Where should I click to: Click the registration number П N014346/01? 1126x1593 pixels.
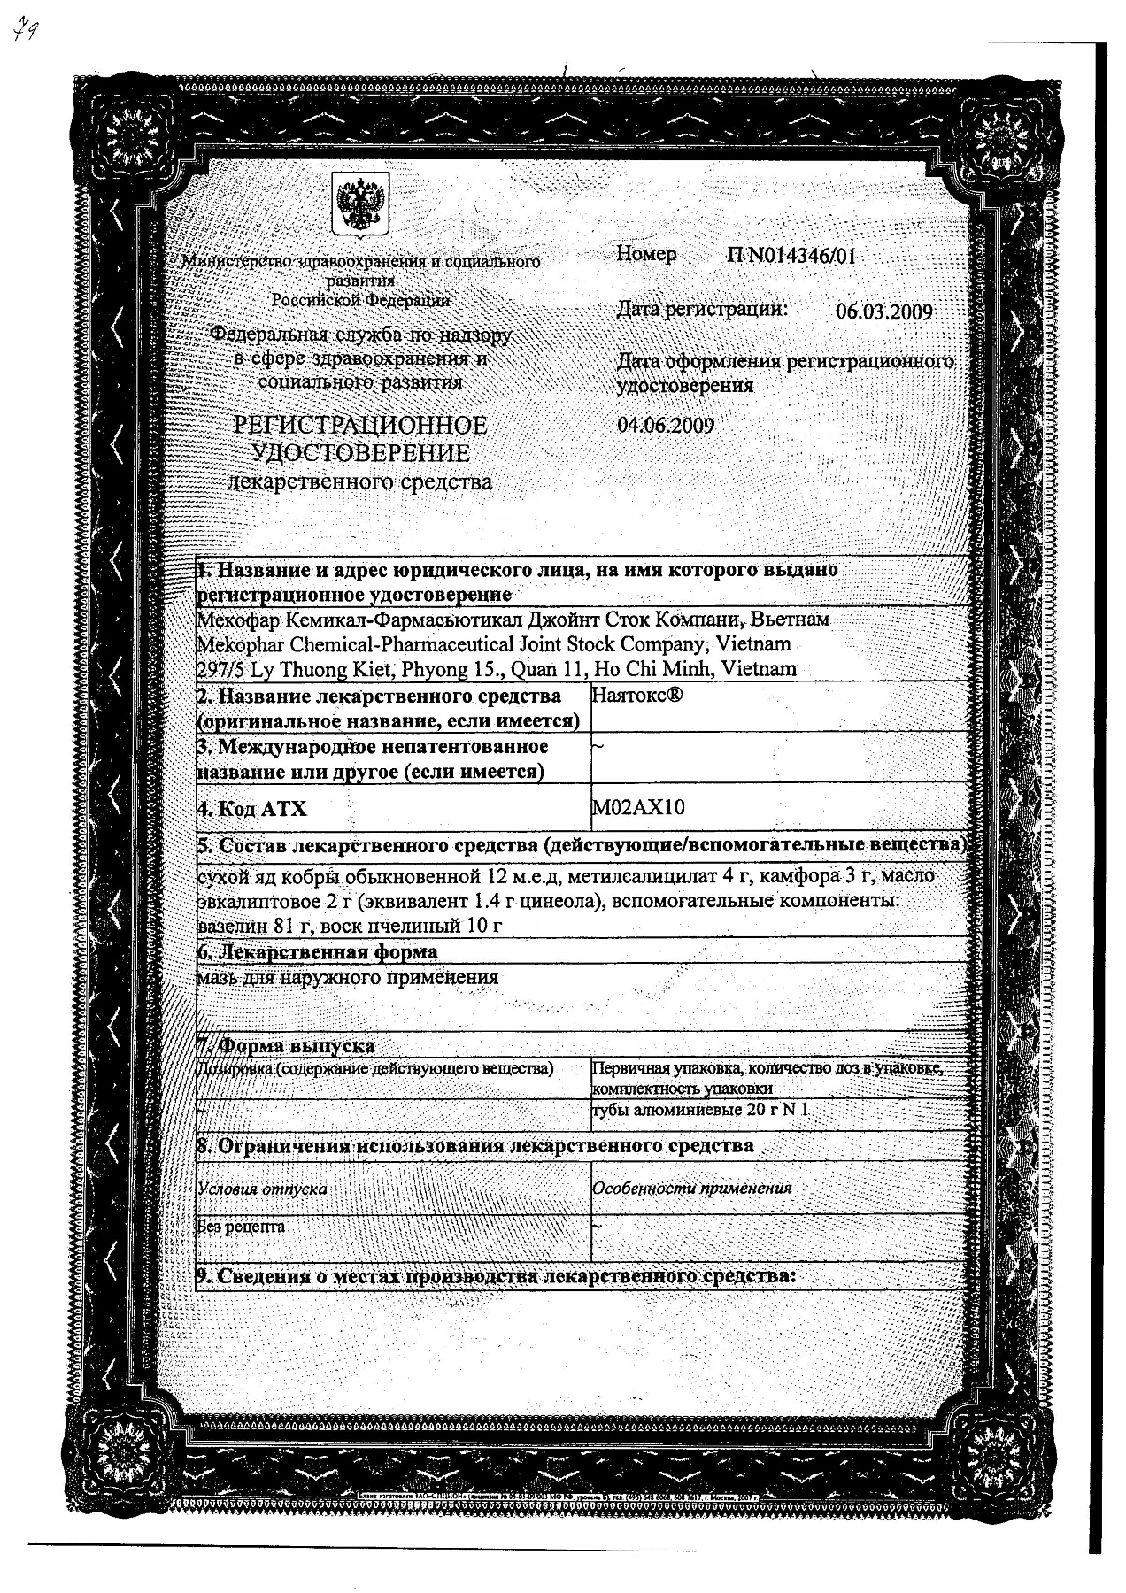pos(791,257)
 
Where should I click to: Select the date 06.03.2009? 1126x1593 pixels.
pos(883,312)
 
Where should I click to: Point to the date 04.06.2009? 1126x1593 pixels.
pos(666,425)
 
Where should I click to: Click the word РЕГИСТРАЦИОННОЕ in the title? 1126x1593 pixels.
pos(359,426)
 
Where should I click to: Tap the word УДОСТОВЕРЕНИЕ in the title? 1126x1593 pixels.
pos(361,454)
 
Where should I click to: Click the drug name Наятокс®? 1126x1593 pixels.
pos(636,696)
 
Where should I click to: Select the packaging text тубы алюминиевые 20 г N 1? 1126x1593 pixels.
pos(701,1111)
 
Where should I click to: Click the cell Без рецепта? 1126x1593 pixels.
pos(242,1227)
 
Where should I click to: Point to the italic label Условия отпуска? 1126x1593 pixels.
pos(262,1189)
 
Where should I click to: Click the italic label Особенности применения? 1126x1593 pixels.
pos(692,1189)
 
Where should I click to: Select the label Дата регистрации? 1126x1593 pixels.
pos(701,309)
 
